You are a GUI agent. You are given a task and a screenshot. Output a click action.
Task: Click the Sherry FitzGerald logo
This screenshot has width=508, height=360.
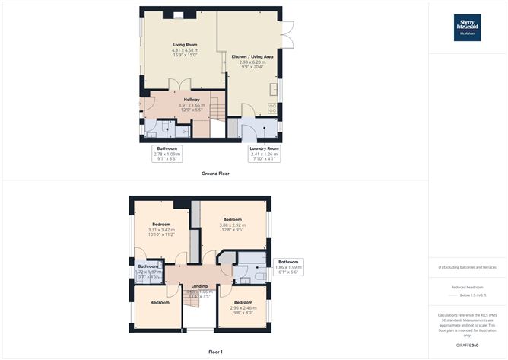(468, 27)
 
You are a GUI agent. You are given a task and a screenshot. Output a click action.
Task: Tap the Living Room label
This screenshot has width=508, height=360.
(185, 45)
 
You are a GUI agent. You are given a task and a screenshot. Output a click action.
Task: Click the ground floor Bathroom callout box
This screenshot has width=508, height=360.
(167, 153)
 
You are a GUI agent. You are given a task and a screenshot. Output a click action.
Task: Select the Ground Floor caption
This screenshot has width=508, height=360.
(216, 174)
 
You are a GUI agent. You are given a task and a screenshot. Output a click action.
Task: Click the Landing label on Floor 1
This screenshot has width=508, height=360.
(198, 286)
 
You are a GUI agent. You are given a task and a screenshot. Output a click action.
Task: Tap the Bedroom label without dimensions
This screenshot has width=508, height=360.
(159, 302)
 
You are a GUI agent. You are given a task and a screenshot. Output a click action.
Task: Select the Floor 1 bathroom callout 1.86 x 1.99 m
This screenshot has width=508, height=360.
(288, 266)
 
